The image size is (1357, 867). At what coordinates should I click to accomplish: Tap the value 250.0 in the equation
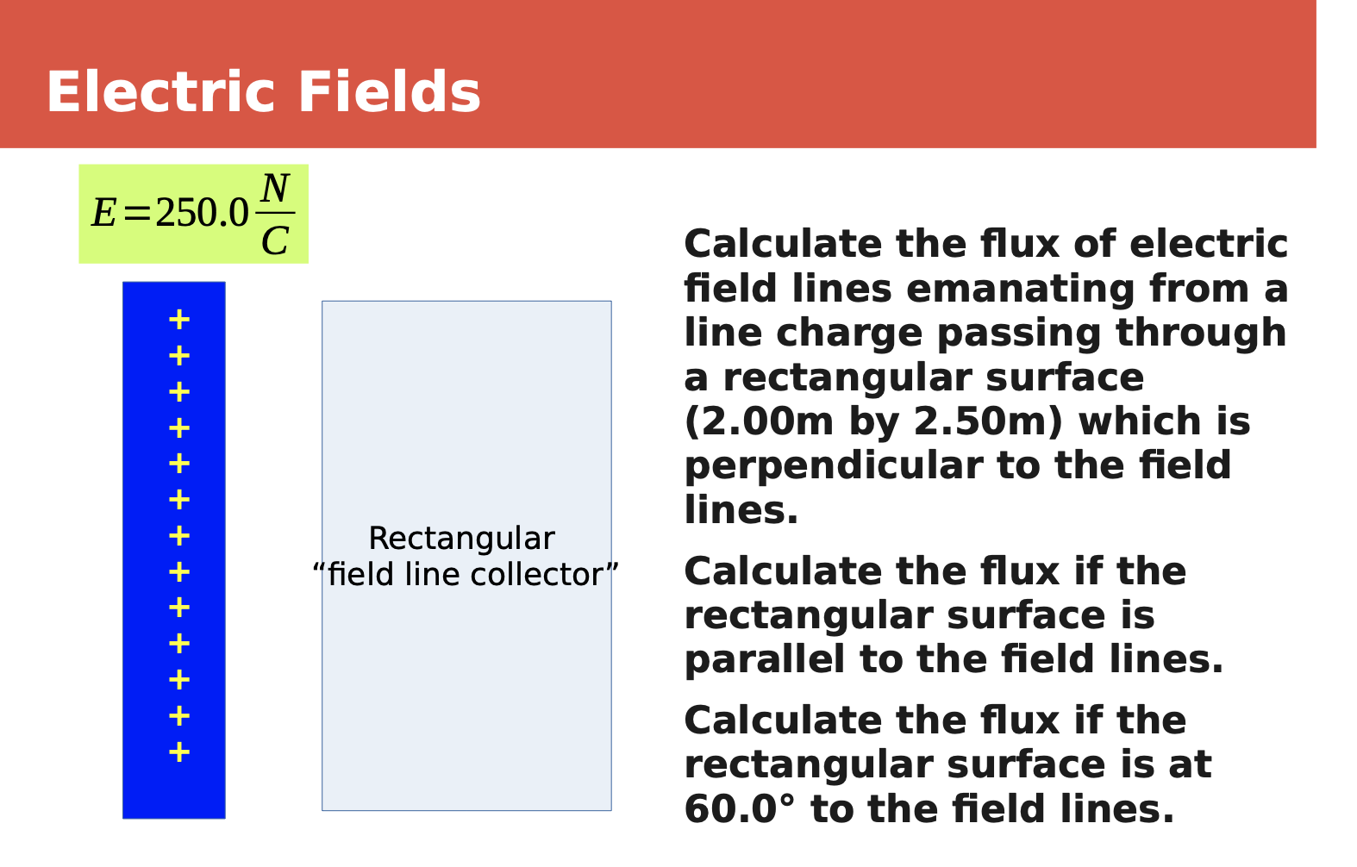[x=202, y=213]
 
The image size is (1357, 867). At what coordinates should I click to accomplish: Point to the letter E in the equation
[x=103, y=213]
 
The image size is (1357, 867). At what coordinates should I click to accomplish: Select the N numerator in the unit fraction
[x=275, y=188]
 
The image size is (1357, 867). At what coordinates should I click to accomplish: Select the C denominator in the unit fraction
[x=275, y=241]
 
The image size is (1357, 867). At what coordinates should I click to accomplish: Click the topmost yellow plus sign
[x=178, y=320]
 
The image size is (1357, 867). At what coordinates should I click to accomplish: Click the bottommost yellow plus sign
[x=178, y=752]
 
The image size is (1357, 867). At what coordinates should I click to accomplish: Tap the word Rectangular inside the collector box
[x=461, y=539]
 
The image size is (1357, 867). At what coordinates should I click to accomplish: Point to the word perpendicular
[x=833, y=466]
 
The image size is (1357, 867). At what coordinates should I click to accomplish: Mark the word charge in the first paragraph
[x=848, y=334]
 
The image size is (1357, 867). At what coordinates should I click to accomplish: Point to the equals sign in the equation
[x=136, y=213]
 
